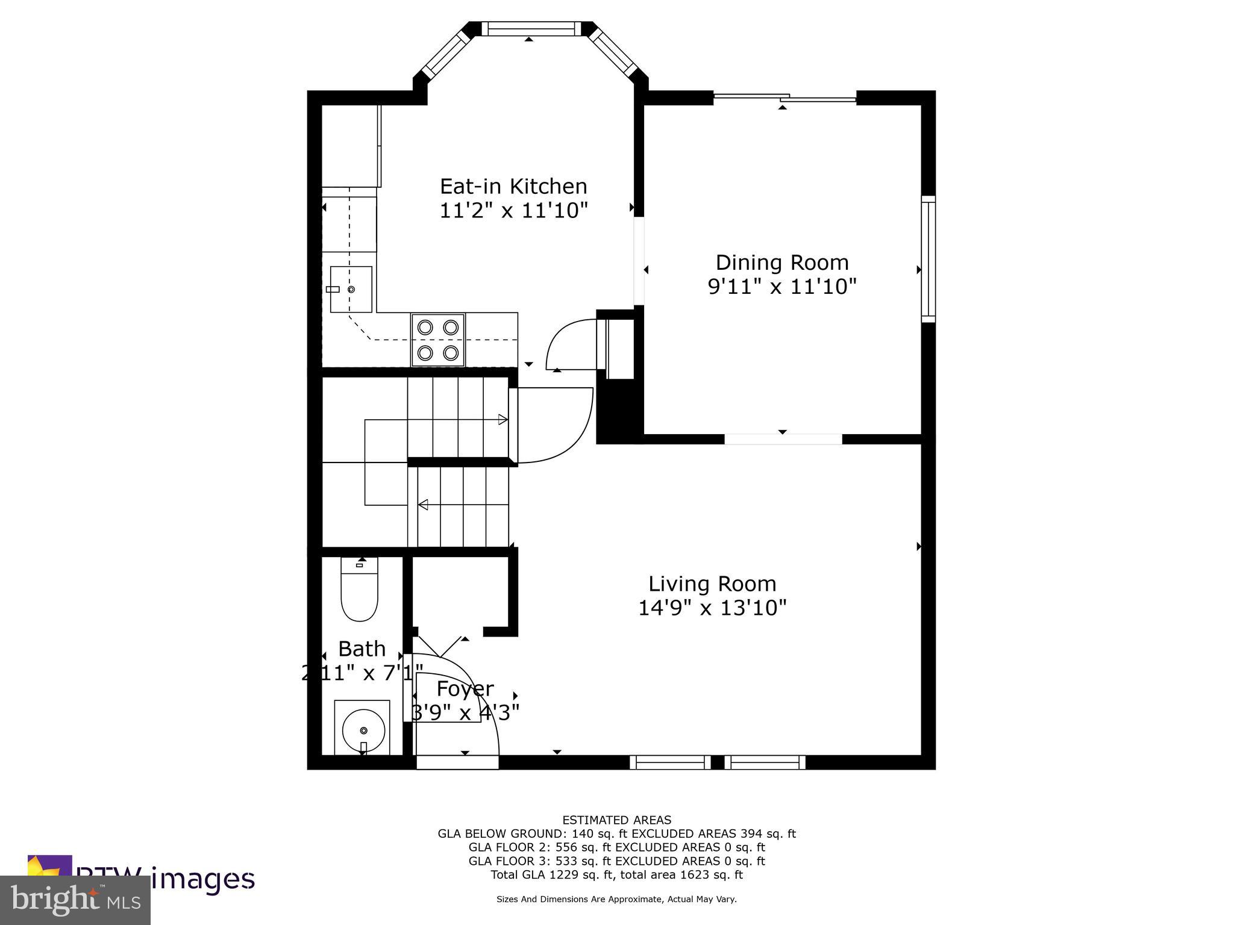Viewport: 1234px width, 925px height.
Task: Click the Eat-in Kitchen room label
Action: click(513, 186)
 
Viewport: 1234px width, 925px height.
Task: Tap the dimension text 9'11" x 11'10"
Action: click(781, 287)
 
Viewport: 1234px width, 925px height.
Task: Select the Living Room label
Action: click(712, 584)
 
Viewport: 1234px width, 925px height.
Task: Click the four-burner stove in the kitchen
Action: click(438, 340)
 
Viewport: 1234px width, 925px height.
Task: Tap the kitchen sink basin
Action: click(351, 289)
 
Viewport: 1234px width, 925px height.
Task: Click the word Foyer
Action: click(465, 688)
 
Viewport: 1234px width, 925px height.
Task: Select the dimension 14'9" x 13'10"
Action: click(712, 608)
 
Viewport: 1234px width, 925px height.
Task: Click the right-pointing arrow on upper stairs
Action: click(503, 420)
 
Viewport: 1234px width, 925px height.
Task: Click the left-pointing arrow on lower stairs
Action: click(423, 505)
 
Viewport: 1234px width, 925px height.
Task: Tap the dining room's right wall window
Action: click(929, 259)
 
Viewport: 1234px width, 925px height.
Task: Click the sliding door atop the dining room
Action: click(785, 98)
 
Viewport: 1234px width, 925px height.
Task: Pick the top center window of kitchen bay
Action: click(528, 28)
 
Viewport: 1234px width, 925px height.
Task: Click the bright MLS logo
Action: click(75, 900)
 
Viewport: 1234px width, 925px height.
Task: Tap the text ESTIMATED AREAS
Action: click(616, 820)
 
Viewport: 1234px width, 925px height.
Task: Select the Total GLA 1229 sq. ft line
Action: click(616, 875)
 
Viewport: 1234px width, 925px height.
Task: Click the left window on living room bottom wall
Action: click(670, 762)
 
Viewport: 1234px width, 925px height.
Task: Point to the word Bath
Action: click(362, 649)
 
